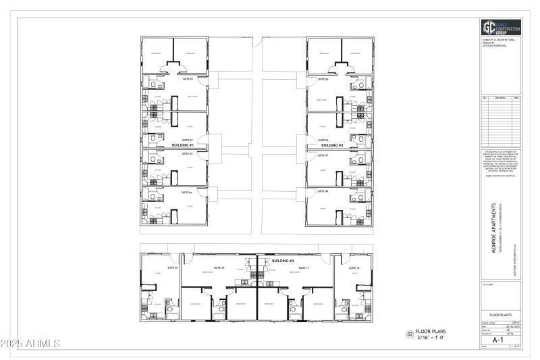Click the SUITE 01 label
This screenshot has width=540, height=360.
tap(188, 79)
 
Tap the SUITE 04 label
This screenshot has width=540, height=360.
tap(186, 192)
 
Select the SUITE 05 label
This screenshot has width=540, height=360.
tap(322, 79)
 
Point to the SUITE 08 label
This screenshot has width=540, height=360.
tap(322, 192)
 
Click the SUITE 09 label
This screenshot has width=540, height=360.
tap(172, 268)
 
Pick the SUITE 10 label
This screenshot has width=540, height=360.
tap(219, 268)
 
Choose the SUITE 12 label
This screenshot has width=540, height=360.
tap(354, 268)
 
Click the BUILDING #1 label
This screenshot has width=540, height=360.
tap(183, 145)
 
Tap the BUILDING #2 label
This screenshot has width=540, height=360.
tap(332, 145)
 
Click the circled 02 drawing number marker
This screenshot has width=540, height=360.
tap(409, 334)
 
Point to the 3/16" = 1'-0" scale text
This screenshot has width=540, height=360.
tap(432, 337)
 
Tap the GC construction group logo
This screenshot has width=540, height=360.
tap(500, 27)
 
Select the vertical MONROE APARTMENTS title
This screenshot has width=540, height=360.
tap(494, 230)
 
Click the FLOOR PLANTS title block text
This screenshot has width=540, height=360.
tap(500, 315)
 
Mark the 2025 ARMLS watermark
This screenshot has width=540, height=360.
tap(31, 344)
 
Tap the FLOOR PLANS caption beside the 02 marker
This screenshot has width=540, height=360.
tap(433, 331)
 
